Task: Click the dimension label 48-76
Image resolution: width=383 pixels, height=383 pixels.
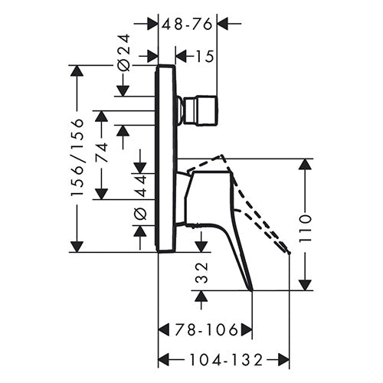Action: point(188,25)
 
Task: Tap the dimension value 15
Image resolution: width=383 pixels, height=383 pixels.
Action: point(205,57)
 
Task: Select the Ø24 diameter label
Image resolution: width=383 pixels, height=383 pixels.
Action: point(124,53)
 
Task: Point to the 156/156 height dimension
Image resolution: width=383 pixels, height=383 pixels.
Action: point(77,157)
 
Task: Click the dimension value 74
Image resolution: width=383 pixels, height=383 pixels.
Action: point(102,152)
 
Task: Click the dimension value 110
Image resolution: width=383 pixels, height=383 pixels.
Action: point(306,229)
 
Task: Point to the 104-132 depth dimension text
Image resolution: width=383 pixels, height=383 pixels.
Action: point(227,360)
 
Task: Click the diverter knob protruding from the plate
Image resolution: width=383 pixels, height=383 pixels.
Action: point(198,110)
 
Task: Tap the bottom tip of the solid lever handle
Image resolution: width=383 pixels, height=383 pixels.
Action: point(252,290)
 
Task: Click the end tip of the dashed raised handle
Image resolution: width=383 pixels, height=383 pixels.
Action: point(289,253)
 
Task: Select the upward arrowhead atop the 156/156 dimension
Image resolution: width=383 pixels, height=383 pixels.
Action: point(77,70)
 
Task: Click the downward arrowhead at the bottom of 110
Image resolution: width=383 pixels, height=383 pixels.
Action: point(306,285)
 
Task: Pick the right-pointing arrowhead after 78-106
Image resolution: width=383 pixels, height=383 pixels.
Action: point(247,330)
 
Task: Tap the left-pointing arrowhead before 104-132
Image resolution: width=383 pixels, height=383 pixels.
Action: point(164,360)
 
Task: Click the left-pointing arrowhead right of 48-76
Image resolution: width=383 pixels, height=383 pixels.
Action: point(222,25)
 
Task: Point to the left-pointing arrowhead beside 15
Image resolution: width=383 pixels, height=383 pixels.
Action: point(181,57)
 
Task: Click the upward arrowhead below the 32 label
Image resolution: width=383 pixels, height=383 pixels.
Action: point(201,296)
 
